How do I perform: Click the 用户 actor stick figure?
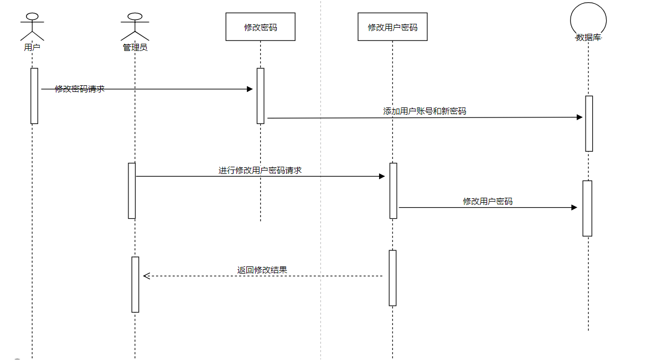coord(32,25)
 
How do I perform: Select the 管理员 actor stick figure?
coord(134,25)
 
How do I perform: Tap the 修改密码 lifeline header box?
coord(260,27)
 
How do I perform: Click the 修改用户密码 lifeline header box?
coord(392,27)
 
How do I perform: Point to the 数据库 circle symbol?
coord(588,20)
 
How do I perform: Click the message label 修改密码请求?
coord(80,89)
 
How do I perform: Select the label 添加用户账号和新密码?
coord(425,111)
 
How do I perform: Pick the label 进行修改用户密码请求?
coord(260,170)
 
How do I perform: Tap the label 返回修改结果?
coord(262,270)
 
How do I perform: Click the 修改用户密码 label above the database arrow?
coord(488,201)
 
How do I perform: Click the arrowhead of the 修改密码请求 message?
coord(250,89)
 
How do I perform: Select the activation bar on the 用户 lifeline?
coord(34,96)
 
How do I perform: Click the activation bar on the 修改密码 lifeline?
coord(260,96)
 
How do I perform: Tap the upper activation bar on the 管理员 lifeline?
coord(132,191)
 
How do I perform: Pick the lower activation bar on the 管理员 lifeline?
coord(135,284)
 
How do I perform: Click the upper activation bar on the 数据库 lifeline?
coord(589,124)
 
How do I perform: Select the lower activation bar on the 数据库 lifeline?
coord(587,208)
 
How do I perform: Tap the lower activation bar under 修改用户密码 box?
coord(392,277)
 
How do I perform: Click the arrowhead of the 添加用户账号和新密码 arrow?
coord(579,117)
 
